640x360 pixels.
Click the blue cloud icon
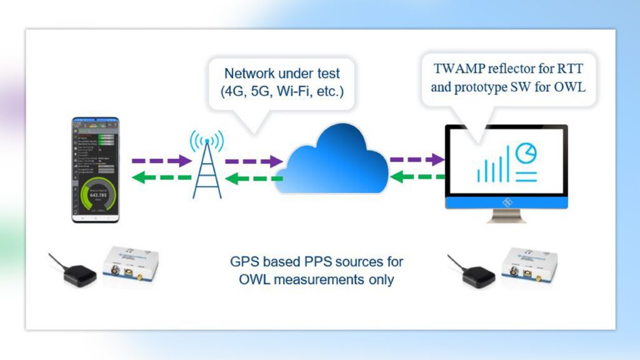(335, 159)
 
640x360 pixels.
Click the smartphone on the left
(96, 169)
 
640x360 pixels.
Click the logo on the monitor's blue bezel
(507, 202)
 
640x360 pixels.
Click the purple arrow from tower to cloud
(253, 161)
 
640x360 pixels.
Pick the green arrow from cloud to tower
(253, 179)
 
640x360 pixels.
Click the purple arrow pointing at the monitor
(416, 160)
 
